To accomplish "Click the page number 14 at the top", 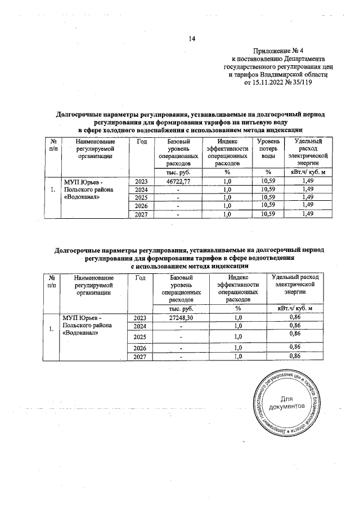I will [x=191, y=39].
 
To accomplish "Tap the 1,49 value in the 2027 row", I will [x=307, y=214].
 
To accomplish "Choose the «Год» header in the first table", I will [x=142, y=142].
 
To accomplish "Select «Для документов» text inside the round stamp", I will [x=287, y=402].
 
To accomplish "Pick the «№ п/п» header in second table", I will [x=52, y=281].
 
